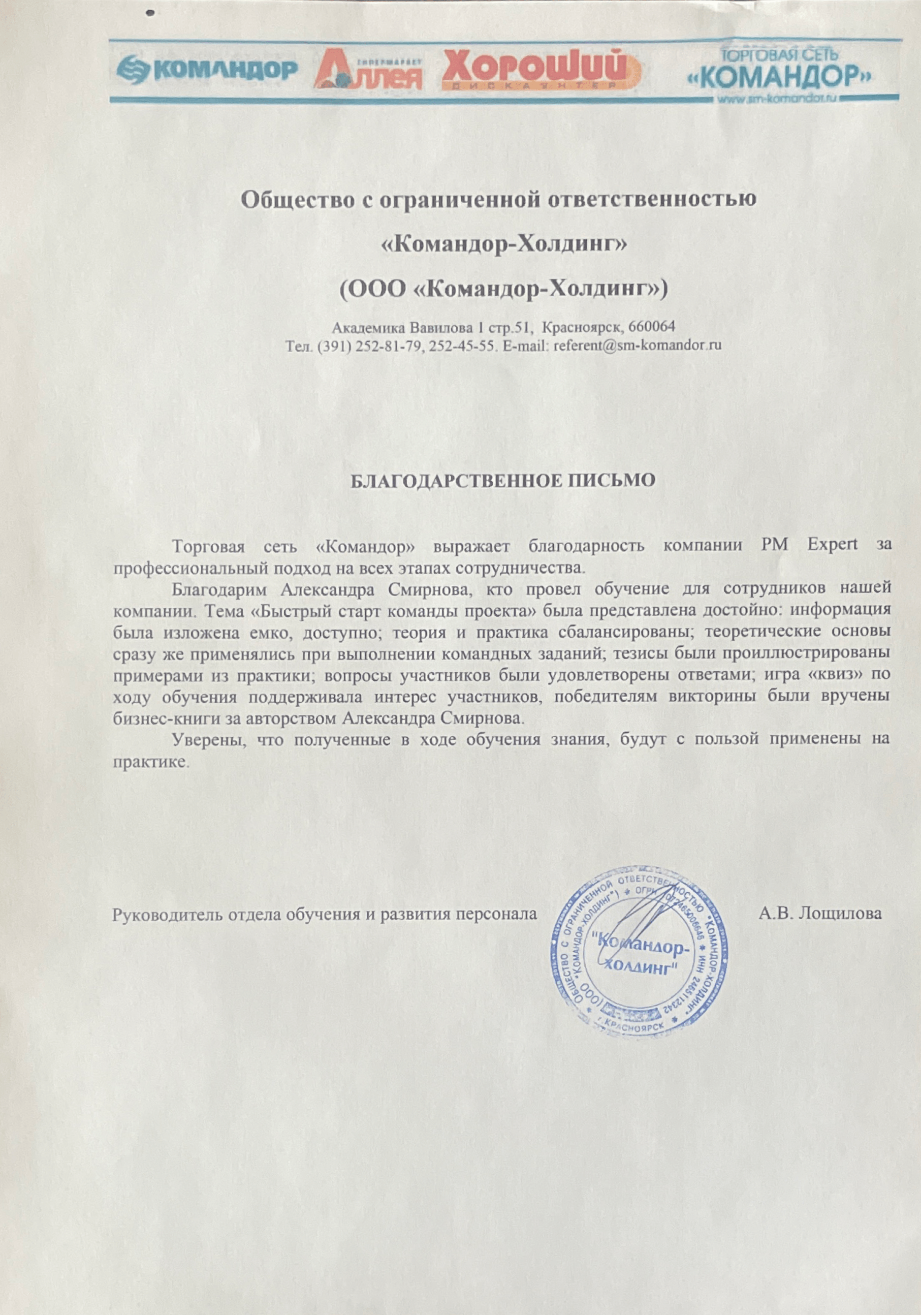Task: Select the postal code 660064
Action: pos(652,327)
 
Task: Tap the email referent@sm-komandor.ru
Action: pos(637,346)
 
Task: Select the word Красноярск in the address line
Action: pos(582,327)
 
